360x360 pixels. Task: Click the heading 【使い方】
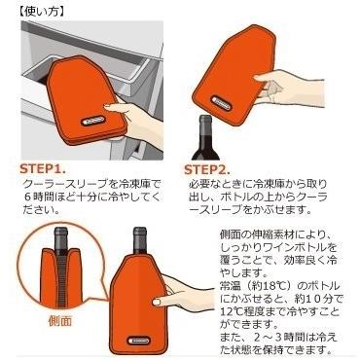[x=40, y=12]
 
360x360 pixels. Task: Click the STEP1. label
[x=43, y=169]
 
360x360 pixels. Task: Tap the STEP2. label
[x=207, y=169]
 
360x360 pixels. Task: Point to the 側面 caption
[x=59, y=321]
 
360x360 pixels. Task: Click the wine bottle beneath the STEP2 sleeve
[x=205, y=138]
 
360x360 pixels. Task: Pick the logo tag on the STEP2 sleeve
[x=222, y=104]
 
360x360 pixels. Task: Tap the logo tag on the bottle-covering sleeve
[x=140, y=341]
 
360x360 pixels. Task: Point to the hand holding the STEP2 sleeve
[x=289, y=87]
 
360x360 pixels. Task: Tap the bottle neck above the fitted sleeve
[x=140, y=240]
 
